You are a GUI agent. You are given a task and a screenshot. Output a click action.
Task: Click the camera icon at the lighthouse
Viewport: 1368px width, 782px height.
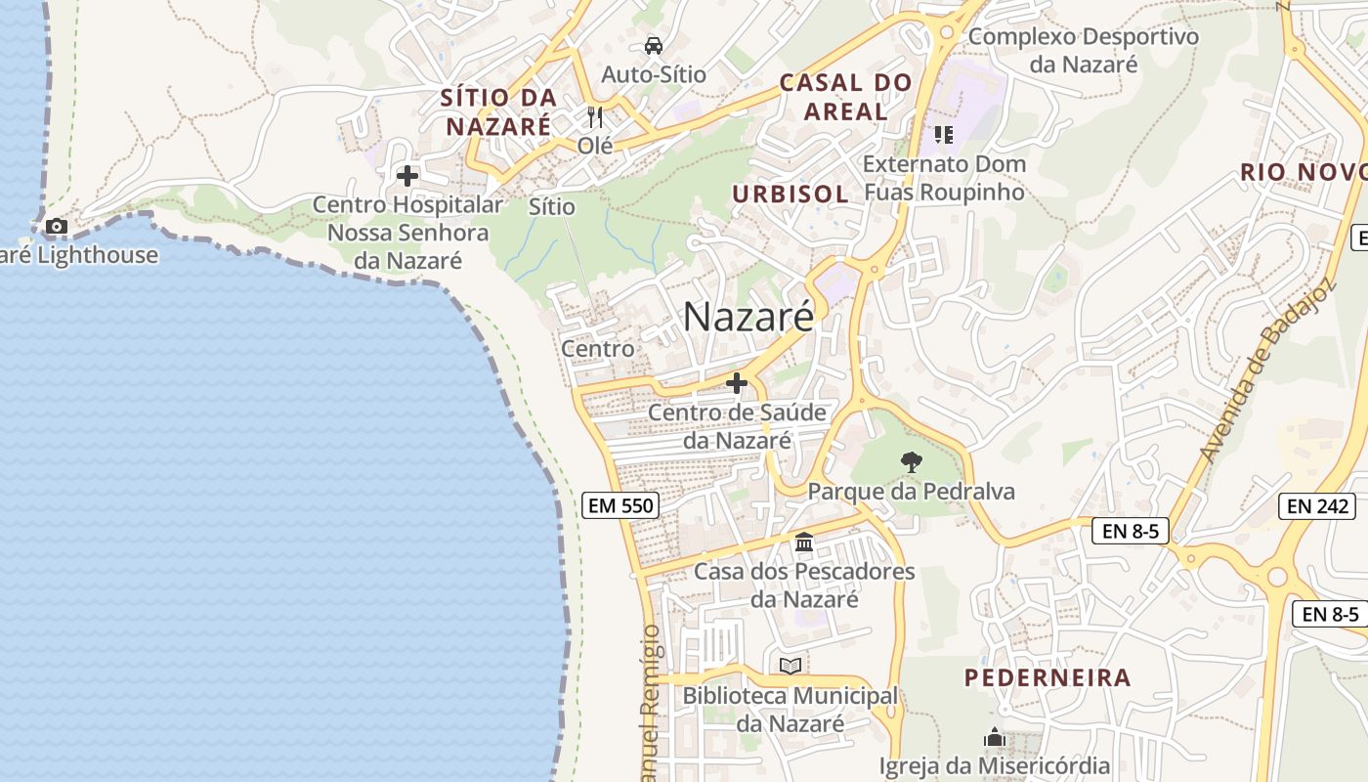tap(57, 227)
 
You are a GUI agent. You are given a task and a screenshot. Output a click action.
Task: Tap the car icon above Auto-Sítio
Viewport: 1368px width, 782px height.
tap(654, 45)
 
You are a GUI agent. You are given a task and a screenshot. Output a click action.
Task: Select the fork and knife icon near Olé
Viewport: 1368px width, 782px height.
tap(595, 117)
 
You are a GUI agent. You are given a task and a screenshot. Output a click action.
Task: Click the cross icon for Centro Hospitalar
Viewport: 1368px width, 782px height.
tap(407, 177)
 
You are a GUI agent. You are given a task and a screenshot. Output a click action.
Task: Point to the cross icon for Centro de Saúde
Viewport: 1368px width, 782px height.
tap(737, 383)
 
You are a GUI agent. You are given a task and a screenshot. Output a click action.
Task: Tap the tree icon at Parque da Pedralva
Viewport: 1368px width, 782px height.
tap(911, 461)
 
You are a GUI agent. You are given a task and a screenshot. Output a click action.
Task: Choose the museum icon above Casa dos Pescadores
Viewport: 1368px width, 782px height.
tap(804, 542)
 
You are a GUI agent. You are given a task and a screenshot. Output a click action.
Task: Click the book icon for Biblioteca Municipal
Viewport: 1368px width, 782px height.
tap(790, 666)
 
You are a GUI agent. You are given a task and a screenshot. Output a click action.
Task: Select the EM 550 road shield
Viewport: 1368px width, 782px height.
tap(620, 505)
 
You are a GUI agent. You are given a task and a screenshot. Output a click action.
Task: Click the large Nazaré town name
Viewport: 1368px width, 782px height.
tap(748, 317)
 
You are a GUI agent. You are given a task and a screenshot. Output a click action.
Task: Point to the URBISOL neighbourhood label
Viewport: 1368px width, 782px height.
tap(791, 194)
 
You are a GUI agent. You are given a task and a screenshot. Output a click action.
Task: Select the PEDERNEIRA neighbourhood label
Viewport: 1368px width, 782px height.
tap(1047, 677)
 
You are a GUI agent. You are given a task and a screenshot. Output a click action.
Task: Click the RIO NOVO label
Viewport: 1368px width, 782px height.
tap(1303, 173)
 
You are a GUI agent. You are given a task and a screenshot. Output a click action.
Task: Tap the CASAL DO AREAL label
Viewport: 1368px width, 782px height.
tap(845, 97)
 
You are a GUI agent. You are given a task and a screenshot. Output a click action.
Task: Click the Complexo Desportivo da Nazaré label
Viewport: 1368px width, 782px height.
tap(1084, 51)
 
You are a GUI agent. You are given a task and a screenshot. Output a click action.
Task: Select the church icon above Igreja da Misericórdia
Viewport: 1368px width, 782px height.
tap(995, 737)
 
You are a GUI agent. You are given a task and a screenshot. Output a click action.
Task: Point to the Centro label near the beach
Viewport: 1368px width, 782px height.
tap(597, 348)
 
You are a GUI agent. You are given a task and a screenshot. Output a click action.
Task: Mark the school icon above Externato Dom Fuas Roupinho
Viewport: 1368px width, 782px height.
tap(943, 134)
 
